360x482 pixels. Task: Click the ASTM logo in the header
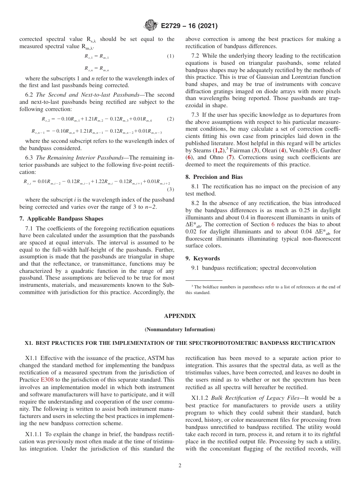(151, 26)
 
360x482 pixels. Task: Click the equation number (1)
(171, 56)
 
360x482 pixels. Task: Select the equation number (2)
(171, 119)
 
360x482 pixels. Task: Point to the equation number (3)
(171, 189)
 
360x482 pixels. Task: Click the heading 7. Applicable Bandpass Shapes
(61, 219)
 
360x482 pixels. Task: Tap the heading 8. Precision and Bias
(214, 177)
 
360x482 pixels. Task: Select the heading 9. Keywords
(202, 258)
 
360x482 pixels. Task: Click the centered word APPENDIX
(180, 316)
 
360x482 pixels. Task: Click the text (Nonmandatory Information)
(180, 329)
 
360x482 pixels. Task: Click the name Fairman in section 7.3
(240, 150)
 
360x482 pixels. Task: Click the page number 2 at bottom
(180, 466)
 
